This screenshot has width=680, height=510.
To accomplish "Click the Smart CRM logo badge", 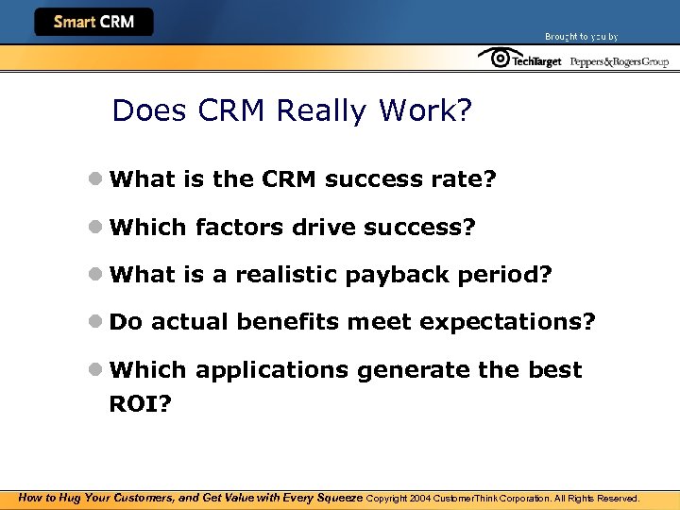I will pyautogui.click(x=93, y=22).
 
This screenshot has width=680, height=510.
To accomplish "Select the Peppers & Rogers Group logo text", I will pyautogui.click(x=619, y=61).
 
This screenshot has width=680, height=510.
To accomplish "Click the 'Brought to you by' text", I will pyautogui.click(x=581, y=37).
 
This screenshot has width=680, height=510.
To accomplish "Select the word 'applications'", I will pyautogui.click(x=271, y=370).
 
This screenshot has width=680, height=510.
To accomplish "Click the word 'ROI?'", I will pyautogui.click(x=141, y=404).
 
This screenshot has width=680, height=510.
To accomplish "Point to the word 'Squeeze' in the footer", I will pyautogui.click(x=337, y=498).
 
